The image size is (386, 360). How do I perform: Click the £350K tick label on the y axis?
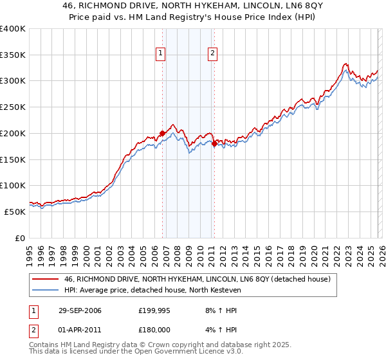pos(13,55)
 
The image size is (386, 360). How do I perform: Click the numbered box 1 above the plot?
pos(161,54)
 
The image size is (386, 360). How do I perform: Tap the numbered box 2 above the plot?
pos(212,54)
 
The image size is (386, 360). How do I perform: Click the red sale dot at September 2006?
pos(162,134)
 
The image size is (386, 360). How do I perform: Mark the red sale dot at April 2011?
pos(214,144)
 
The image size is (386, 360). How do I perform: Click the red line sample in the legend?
pos(46,280)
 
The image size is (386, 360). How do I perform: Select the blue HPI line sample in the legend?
pos(46,291)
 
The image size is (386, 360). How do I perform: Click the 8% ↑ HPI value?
pos(220,310)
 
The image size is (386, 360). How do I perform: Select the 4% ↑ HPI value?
pos(220,330)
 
